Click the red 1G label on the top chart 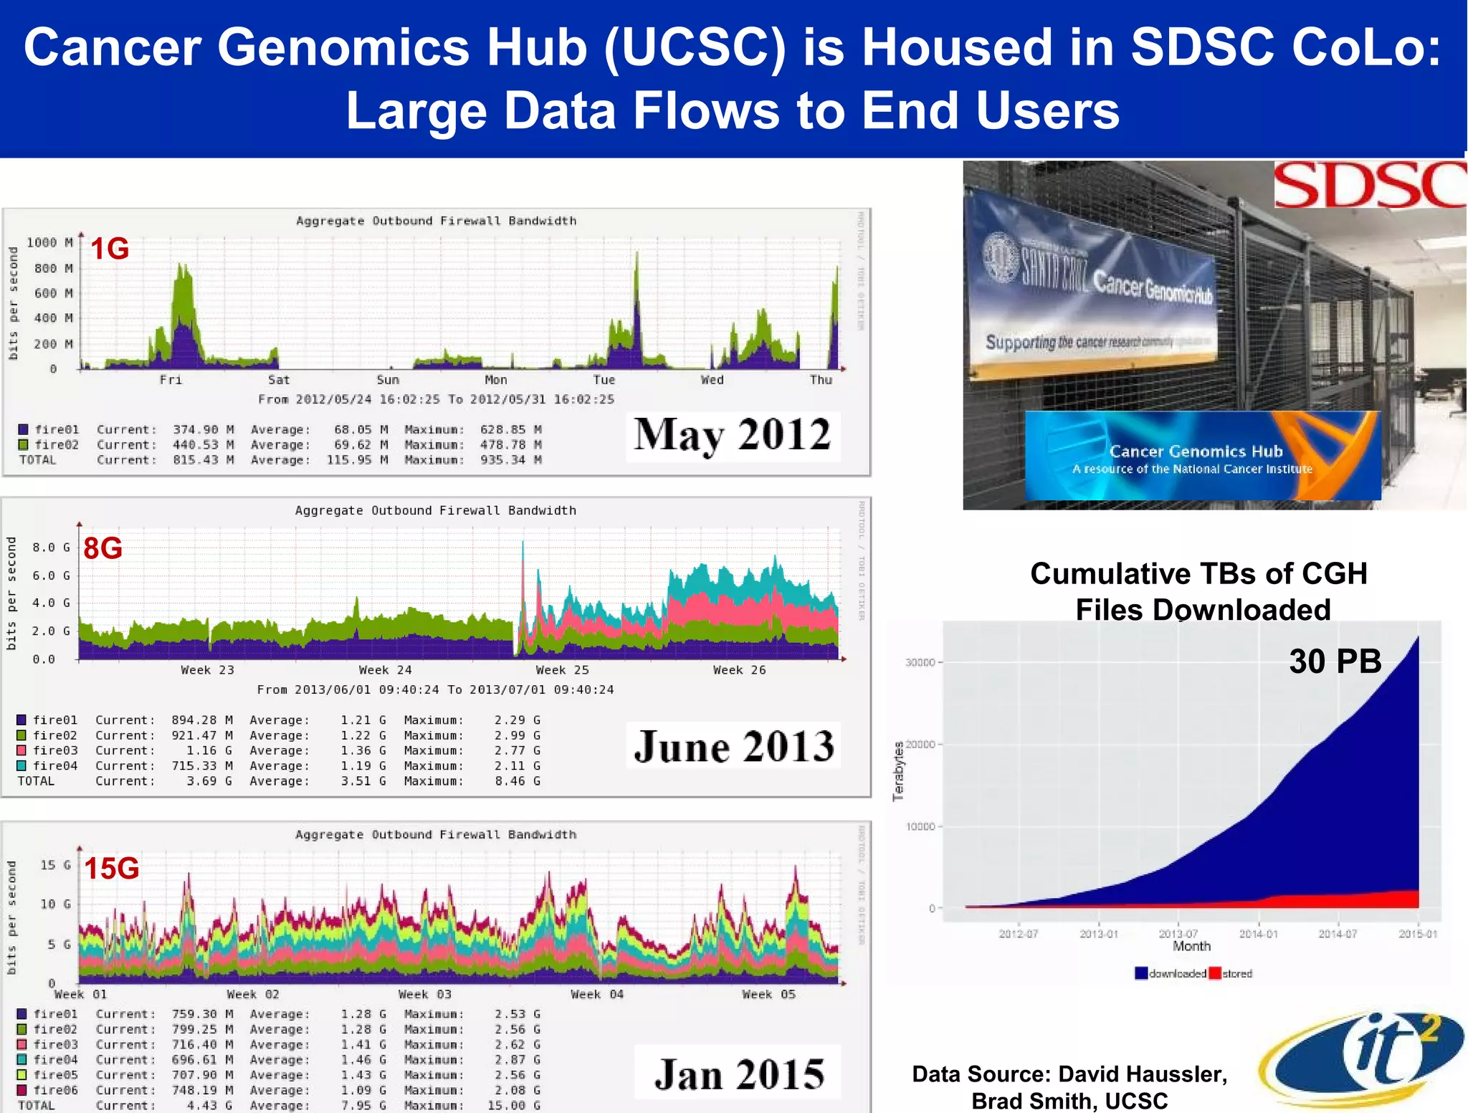(x=110, y=249)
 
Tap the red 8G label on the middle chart (x=103, y=549)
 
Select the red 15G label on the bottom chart (x=112, y=869)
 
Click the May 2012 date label (x=732, y=435)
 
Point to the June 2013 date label (x=734, y=747)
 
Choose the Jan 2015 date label (x=739, y=1074)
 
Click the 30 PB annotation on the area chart (x=1335, y=661)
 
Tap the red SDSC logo (x=1369, y=185)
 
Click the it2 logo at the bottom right (x=1365, y=1057)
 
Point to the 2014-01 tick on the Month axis (x=1258, y=934)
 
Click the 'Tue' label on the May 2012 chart (x=604, y=380)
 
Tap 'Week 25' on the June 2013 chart (x=562, y=670)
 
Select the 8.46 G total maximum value (x=518, y=781)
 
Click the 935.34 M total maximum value (x=510, y=460)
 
